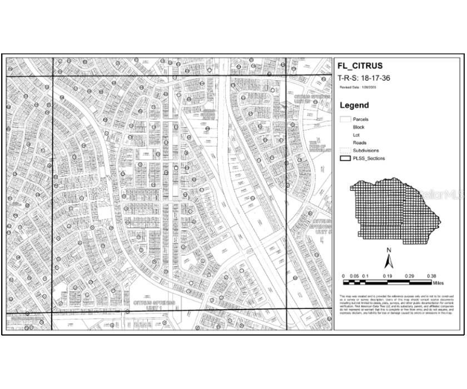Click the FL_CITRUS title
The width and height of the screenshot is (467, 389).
coord(360,66)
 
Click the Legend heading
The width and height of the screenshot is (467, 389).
coord(354,105)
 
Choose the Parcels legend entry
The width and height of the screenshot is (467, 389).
coord(360,119)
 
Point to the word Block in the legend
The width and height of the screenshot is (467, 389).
coord(359,127)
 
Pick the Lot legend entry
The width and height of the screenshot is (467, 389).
coord(356,135)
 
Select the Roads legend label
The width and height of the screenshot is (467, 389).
coord(359,143)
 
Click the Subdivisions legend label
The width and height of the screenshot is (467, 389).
coord(366,150)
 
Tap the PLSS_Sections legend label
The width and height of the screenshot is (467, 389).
coord(369,158)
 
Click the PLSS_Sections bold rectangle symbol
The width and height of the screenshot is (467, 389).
coord(345,158)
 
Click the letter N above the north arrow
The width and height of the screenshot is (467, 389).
coord(390,250)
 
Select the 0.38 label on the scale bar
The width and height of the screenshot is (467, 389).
coord(431,276)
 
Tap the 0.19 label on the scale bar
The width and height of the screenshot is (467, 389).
coord(387,276)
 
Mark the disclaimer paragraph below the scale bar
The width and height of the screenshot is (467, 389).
coord(397,305)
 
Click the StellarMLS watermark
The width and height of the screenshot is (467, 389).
coord(442,195)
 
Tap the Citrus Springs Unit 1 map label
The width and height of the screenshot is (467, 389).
coord(155,305)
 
